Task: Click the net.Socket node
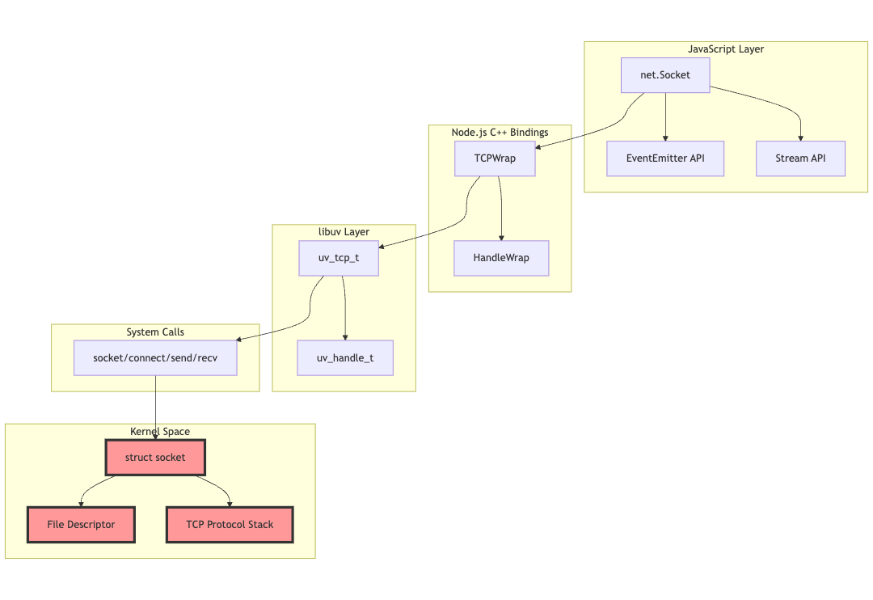(665, 75)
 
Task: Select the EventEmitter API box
(665, 158)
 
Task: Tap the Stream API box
(800, 158)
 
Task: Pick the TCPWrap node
(495, 158)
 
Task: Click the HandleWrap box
(501, 258)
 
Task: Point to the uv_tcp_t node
(339, 258)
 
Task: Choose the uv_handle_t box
(345, 357)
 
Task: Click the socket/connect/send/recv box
(155, 357)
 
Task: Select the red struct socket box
(155, 457)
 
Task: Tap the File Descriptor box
(81, 525)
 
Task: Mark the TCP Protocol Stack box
(230, 525)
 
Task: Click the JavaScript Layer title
(725, 49)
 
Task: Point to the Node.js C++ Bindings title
(500, 132)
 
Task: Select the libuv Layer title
(344, 232)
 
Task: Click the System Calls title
(155, 332)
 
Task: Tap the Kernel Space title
(160, 431)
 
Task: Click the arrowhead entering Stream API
(800, 137)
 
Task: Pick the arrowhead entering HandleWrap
(501, 237)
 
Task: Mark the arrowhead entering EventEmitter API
(665, 137)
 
